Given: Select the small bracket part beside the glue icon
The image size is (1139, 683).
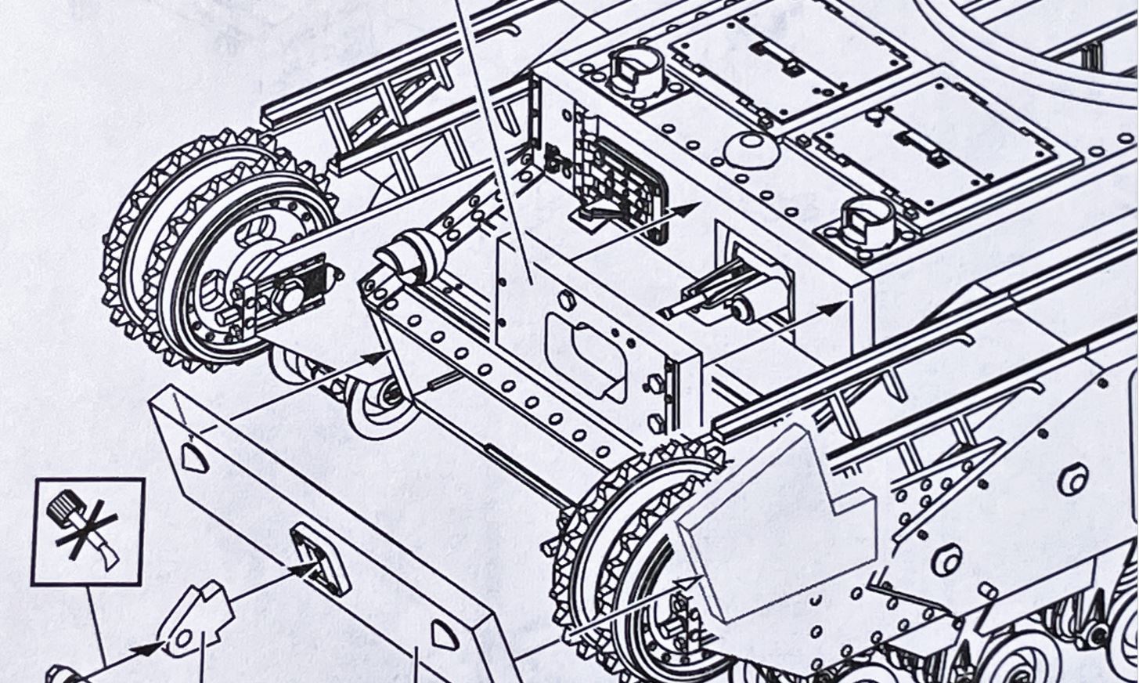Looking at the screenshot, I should click(196, 618).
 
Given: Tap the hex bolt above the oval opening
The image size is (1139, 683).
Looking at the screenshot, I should click(566, 301).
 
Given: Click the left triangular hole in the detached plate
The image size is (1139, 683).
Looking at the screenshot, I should click(193, 457).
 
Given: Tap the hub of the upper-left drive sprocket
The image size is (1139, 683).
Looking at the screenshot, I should click(287, 297).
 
